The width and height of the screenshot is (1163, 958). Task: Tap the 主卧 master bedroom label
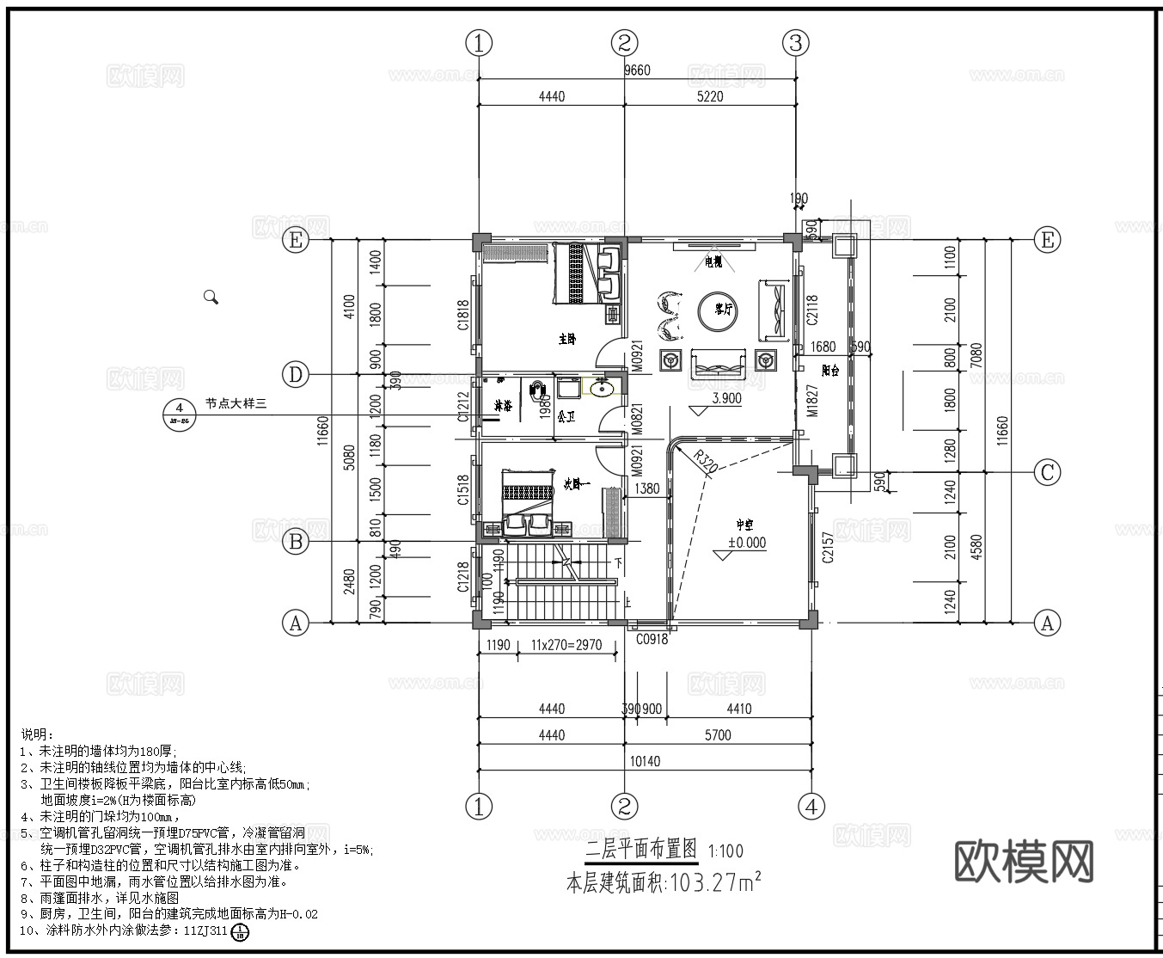coord(566,340)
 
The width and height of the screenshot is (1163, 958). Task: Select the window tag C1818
coord(463,315)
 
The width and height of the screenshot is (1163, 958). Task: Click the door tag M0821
coord(637,419)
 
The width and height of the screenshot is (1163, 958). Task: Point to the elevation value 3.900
coord(726,399)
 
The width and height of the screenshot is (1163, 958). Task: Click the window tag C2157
coord(827,547)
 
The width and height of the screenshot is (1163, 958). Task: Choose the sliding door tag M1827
coord(811,401)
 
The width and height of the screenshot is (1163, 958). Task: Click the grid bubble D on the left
coord(296,374)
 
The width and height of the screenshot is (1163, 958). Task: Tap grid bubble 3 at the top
coord(796,42)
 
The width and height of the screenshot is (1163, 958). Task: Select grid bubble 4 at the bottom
coord(811,807)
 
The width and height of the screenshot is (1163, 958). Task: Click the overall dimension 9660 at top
coord(637,71)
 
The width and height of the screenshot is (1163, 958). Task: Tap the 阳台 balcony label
coord(829,371)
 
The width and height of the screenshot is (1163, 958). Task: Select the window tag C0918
coord(652,639)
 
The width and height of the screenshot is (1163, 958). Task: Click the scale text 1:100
coord(725,851)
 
